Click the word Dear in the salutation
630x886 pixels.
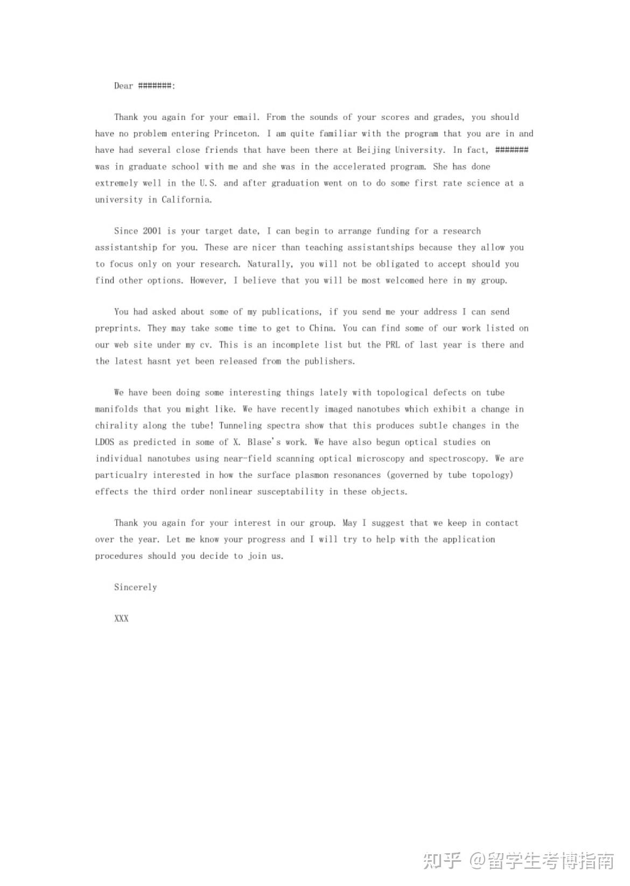pos(123,86)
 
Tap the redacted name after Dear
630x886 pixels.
pos(156,86)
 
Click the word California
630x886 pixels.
pos(186,199)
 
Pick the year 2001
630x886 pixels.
pos(152,231)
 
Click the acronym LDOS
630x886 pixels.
pos(104,442)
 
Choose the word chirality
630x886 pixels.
pos(116,425)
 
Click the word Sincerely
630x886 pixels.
pos(135,587)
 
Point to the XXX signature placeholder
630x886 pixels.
pos(121,618)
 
